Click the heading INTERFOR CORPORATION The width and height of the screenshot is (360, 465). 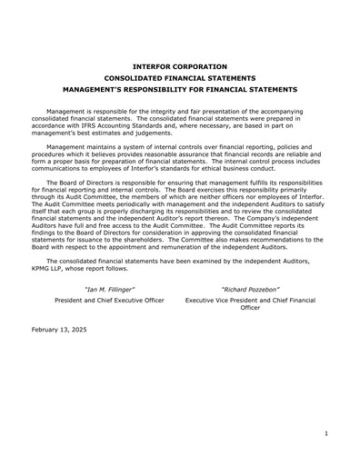pyautogui.click(x=179, y=66)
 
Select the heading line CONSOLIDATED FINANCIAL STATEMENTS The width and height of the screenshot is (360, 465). pyautogui.click(x=179, y=78)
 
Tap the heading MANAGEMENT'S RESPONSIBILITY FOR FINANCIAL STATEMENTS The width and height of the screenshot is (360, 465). pyautogui.click(x=179, y=90)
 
